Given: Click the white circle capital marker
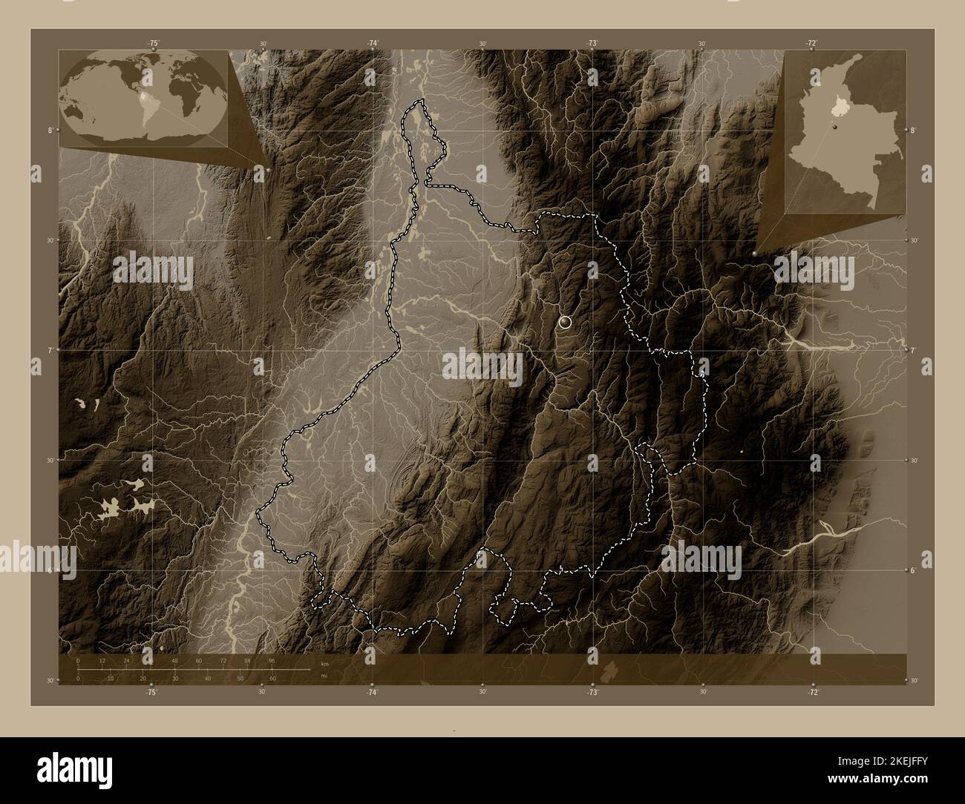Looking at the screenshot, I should tap(566, 322).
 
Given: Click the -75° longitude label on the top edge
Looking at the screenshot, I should tap(152, 44).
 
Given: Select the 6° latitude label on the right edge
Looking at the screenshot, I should tap(915, 570).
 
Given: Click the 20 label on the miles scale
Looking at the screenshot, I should tap(143, 678).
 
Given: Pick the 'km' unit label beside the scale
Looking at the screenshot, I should tap(324, 663).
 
